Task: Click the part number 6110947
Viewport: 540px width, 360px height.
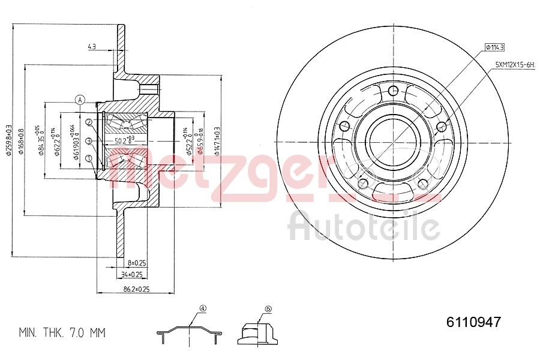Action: (473, 322)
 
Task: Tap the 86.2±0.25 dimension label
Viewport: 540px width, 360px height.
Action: (136, 289)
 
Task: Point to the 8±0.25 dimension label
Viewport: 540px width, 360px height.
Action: (137, 263)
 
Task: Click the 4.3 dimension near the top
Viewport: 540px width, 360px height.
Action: (92, 46)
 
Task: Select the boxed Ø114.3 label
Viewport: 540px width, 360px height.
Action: (495, 47)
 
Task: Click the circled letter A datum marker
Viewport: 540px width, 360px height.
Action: (80, 100)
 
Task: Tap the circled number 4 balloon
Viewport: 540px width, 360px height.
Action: (203, 309)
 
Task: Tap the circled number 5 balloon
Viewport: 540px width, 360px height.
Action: (268, 309)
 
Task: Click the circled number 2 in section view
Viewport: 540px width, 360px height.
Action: (89, 122)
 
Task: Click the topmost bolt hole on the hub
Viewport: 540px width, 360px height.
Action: (393, 91)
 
